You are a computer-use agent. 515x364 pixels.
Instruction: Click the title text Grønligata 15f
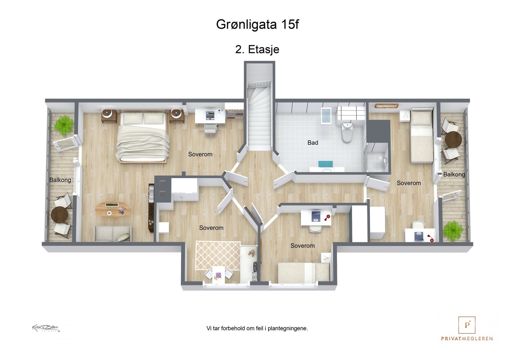click(x=257, y=24)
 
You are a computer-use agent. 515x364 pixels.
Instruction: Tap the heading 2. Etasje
click(x=257, y=49)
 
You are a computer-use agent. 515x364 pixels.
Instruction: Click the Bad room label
click(x=313, y=142)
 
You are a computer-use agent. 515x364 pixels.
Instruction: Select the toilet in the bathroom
click(x=347, y=132)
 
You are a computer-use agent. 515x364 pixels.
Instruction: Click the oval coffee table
click(x=113, y=210)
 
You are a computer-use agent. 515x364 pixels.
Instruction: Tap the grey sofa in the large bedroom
click(x=113, y=233)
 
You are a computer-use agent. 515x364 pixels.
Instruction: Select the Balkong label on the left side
click(x=60, y=180)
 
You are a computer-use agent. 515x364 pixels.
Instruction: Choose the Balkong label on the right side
click(x=454, y=174)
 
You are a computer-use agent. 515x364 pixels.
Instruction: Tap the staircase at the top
click(x=259, y=116)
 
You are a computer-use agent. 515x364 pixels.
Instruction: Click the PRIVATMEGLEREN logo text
click(x=467, y=338)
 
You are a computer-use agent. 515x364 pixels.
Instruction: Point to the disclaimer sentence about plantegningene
click(x=257, y=328)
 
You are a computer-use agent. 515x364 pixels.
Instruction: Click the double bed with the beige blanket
click(x=143, y=137)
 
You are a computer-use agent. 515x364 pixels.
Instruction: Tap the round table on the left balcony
click(x=60, y=215)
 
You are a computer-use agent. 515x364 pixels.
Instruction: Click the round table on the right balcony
click(x=453, y=139)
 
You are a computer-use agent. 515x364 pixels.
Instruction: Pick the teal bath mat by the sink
click(x=325, y=164)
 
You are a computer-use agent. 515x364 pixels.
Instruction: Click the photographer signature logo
click(x=46, y=328)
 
